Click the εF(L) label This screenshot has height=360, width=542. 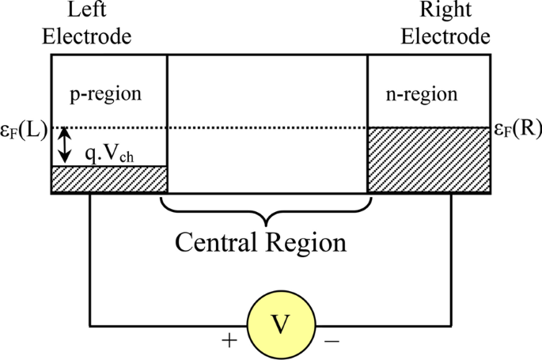coord(24,129)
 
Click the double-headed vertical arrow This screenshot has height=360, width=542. coord(66,146)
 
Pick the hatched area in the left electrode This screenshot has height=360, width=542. coord(109,179)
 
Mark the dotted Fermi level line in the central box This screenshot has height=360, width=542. coord(267,128)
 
